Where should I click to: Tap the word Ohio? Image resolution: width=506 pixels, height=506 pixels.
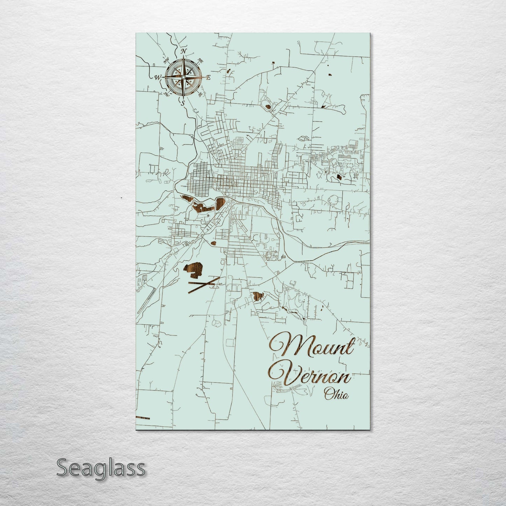(x=336, y=395)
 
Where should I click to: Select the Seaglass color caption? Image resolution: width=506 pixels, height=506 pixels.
(x=100, y=468)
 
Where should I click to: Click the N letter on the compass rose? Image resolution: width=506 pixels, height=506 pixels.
(x=183, y=52)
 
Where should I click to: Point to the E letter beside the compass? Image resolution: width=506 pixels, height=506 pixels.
(x=208, y=78)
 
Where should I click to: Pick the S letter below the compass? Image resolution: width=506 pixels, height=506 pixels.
(x=182, y=103)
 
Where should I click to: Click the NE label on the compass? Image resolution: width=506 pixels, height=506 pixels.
(x=201, y=60)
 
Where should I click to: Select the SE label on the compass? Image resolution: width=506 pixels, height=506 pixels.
(x=200, y=94)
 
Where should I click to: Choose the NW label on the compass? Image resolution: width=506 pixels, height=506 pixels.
(x=166, y=60)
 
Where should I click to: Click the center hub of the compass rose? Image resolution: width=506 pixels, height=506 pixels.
(x=183, y=77)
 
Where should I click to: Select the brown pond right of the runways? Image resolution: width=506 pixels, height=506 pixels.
(x=258, y=297)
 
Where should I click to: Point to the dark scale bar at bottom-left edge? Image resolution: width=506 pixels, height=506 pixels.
(x=143, y=418)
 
